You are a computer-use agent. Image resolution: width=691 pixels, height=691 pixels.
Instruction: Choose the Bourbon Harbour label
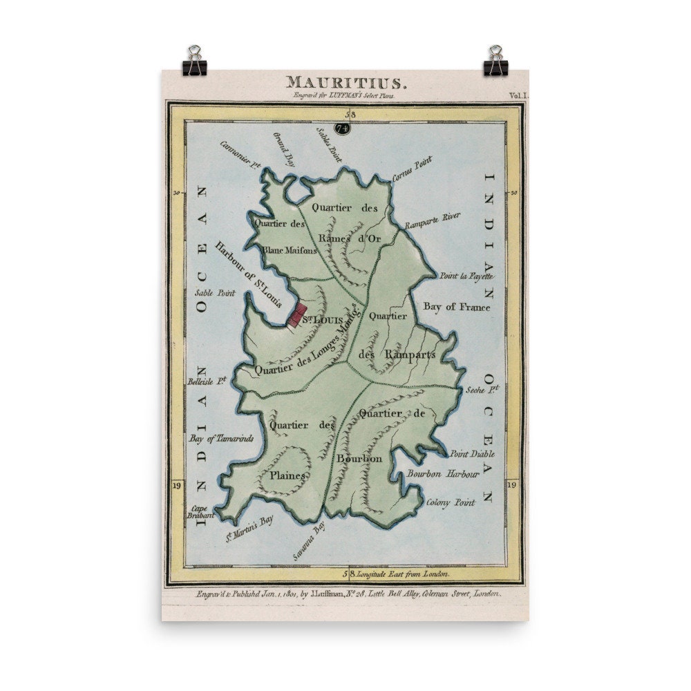443,475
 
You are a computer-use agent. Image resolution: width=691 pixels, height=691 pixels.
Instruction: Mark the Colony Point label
451,503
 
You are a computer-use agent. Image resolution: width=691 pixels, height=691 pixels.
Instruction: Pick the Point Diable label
473,454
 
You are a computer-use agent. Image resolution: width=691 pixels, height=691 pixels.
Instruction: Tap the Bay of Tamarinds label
221,439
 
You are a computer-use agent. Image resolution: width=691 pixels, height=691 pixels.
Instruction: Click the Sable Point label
215,293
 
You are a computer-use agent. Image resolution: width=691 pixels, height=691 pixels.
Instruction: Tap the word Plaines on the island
288,475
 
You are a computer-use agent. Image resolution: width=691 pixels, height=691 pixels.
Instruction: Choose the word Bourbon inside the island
359,458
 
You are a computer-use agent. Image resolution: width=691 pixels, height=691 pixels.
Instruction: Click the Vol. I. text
518,96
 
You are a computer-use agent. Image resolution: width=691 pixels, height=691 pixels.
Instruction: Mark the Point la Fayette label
464,276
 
